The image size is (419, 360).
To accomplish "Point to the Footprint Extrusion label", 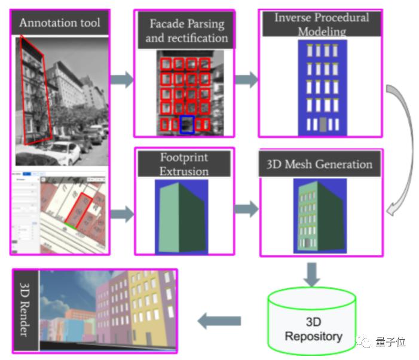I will [184, 164].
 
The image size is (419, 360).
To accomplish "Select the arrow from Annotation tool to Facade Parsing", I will [121, 80].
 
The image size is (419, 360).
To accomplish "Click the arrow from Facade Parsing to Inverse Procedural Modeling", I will [246, 80].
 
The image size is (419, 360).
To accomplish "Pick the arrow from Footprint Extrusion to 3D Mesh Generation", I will [246, 209].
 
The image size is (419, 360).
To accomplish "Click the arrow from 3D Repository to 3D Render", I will [219, 321].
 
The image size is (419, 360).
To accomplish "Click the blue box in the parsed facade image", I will [187, 124].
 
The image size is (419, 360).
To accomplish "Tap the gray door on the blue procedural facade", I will [323, 125].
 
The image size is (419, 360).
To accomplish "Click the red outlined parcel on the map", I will [86, 207].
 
